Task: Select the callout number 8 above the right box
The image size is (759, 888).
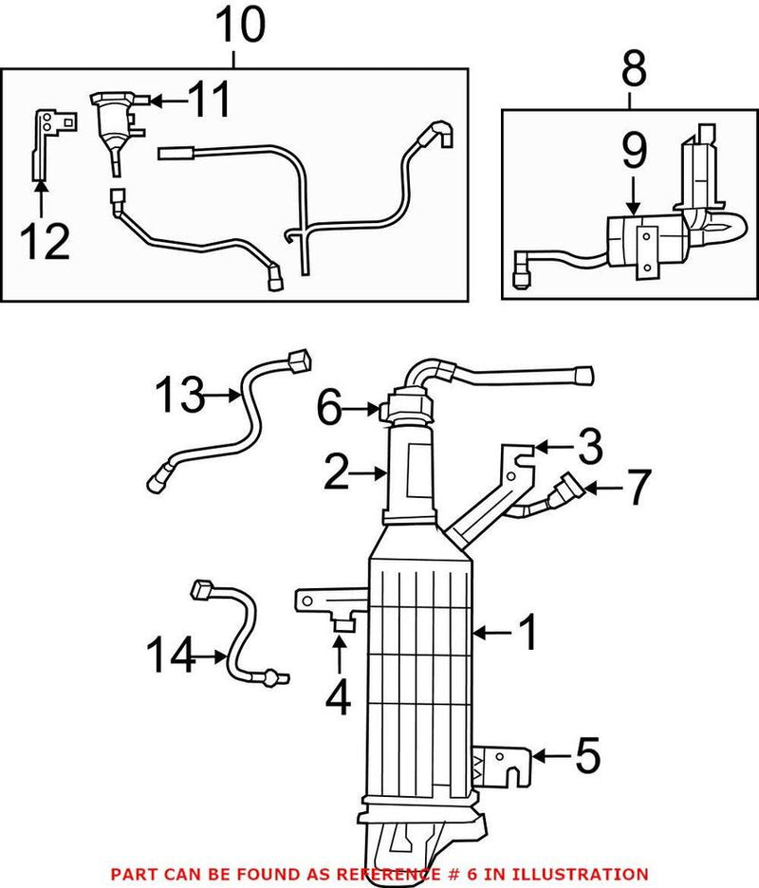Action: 633,68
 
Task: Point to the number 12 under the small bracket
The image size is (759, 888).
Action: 45,242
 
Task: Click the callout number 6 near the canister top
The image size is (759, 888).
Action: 330,410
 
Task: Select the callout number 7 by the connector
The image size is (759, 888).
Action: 637,489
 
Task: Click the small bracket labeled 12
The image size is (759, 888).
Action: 44,142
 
